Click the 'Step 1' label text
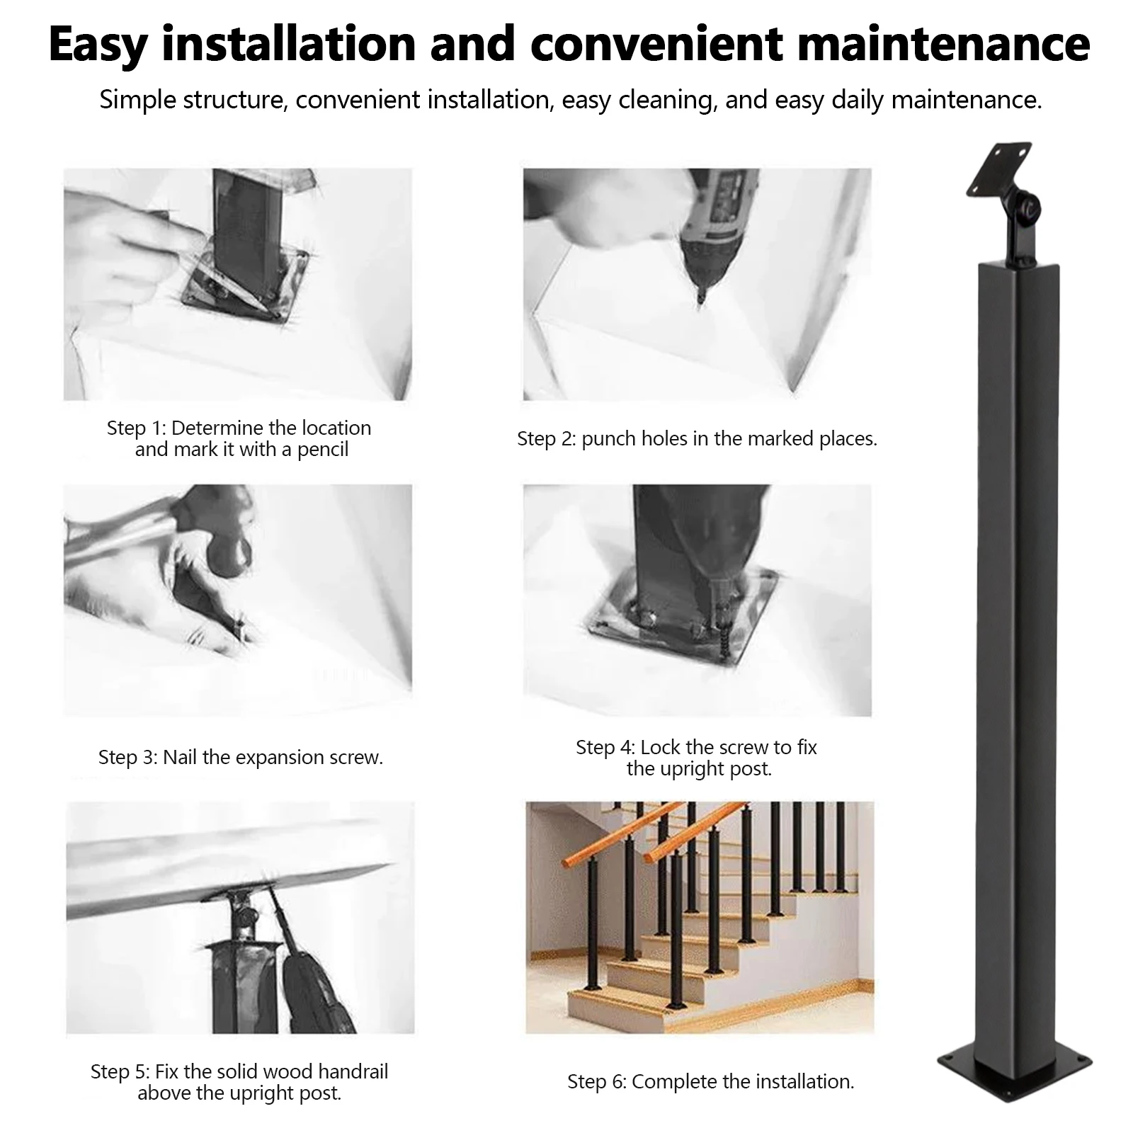(x=136, y=428)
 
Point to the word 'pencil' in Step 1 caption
(x=322, y=450)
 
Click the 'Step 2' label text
(x=546, y=439)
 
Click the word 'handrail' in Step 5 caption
(x=350, y=1071)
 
